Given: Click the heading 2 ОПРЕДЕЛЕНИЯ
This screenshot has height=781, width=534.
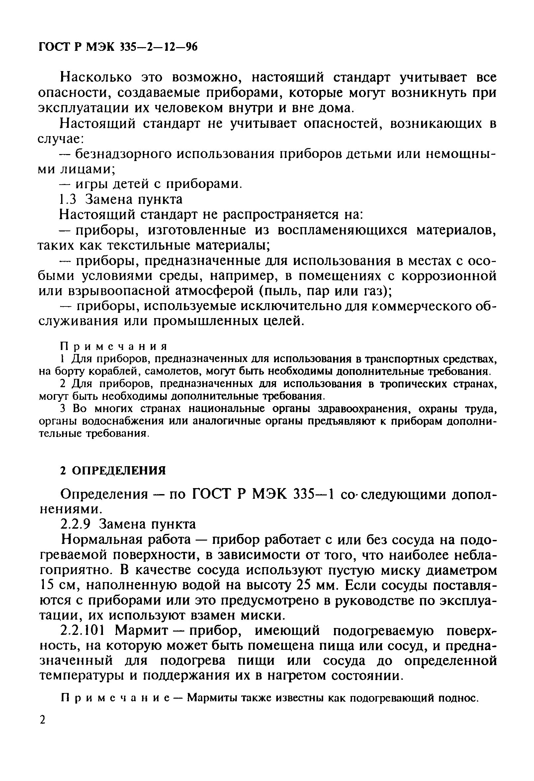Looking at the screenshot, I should coord(113,471).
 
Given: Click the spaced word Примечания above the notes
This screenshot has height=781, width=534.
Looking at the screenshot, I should coord(113,346).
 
